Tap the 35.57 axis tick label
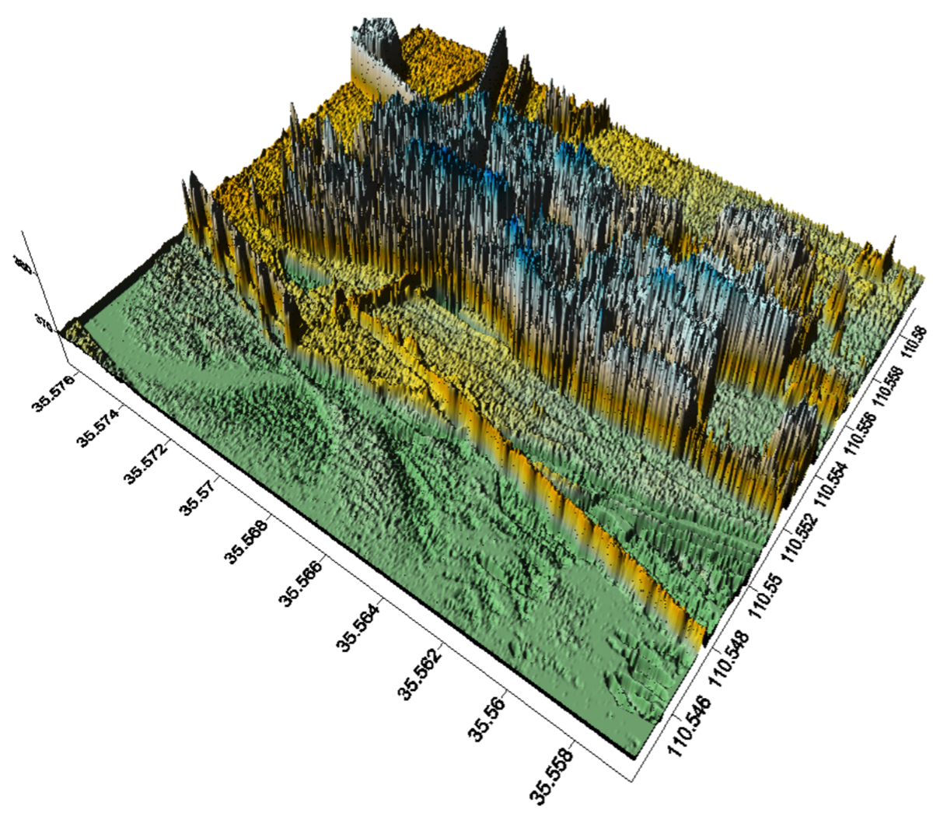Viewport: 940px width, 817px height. [x=197, y=499]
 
